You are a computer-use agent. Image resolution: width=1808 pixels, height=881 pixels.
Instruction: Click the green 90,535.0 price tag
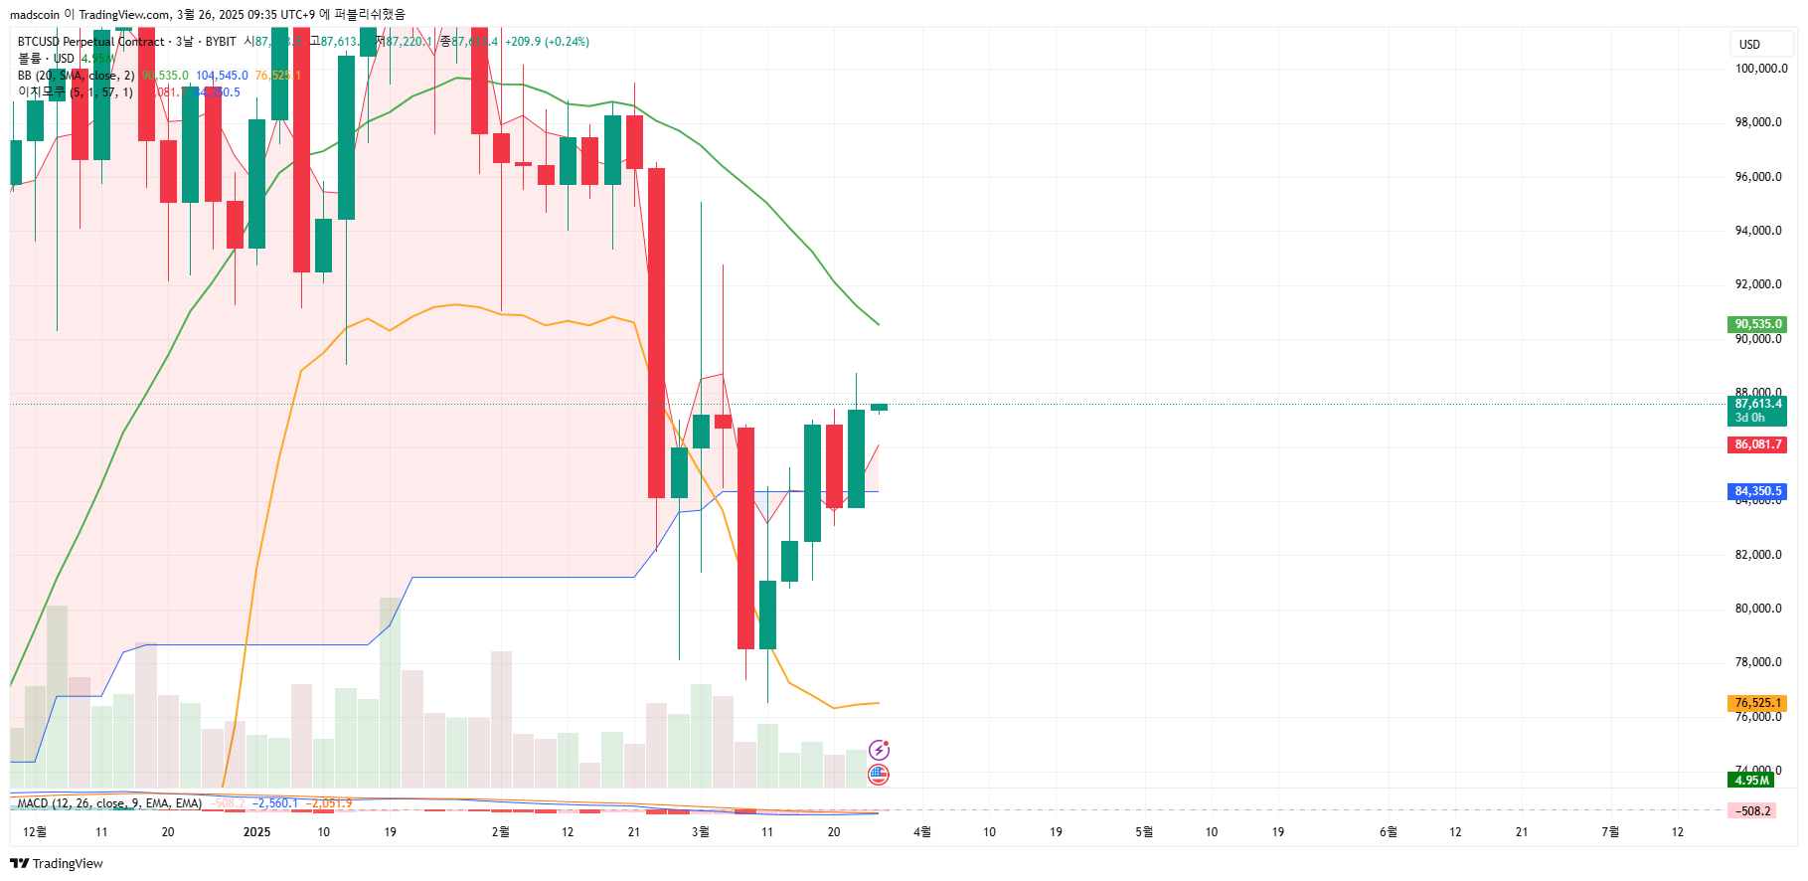(1756, 324)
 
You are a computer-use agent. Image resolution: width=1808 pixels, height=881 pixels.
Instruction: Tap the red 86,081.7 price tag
(1756, 444)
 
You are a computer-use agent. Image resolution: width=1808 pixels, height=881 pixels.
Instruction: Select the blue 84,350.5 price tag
(1756, 491)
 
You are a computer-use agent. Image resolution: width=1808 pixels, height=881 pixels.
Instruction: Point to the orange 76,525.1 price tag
(1756, 703)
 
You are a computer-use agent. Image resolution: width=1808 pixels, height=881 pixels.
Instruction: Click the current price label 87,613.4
(1756, 404)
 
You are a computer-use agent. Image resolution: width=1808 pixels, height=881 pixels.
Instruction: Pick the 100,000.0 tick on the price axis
(1760, 69)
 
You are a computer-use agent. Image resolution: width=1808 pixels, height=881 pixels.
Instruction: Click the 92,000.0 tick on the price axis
(1758, 284)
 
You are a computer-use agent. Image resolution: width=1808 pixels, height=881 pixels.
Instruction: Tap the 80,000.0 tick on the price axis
(1758, 609)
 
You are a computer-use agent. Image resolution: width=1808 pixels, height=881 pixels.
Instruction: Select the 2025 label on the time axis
(256, 832)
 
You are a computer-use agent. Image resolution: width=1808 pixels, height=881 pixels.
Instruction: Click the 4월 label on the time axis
(922, 832)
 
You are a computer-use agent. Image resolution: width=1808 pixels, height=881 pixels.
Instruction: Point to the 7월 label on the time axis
(1610, 832)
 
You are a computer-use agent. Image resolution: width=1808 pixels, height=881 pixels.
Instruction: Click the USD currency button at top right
(1749, 45)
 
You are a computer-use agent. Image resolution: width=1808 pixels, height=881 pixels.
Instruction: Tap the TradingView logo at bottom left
(57, 863)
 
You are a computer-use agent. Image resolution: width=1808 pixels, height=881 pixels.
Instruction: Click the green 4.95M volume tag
(1751, 781)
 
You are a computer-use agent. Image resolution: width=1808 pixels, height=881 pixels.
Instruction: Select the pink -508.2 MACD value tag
(1753, 811)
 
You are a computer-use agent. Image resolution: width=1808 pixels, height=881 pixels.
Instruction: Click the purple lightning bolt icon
(879, 750)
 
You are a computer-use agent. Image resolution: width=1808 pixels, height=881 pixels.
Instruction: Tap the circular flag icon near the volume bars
(879, 774)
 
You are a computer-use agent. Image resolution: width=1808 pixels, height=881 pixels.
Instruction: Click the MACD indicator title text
(109, 803)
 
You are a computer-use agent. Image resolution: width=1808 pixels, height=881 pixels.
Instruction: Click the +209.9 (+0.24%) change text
(547, 42)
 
